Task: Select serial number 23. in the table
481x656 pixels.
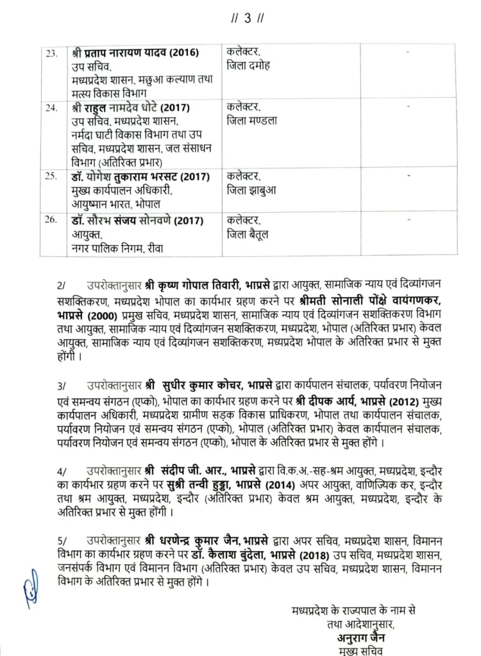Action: point(52,53)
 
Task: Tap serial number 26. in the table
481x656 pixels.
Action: point(52,221)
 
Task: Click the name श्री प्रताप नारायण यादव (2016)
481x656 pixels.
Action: point(137,53)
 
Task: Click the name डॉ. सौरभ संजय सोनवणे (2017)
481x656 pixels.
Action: point(137,221)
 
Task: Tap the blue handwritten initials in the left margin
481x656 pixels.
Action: point(27,584)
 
